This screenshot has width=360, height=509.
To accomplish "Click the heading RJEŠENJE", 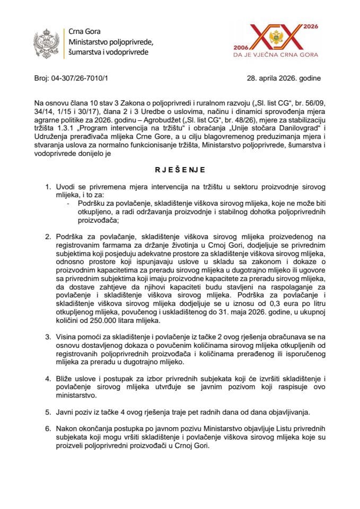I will [180, 170].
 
